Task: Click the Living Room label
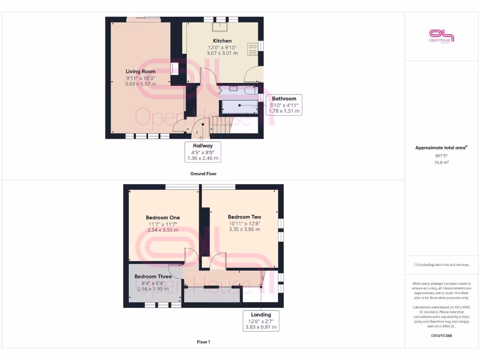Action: pyautogui.click(x=141, y=71)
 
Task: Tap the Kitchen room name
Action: pyautogui.click(x=222, y=41)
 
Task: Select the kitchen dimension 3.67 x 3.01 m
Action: pyautogui.click(x=222, y=53)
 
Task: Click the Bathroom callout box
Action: pyautogui.click(x=284, y=105)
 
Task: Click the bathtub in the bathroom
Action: pyautogui.click(x=240, y=106)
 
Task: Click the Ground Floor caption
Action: pyautogui.click(x=203, y=173)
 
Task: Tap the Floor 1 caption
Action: pyautogui.click(x=203, y=342)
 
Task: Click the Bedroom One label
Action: pyautogui.click(x=163, y=217)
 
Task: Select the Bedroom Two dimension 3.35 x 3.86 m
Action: pyautogui.click(x=244, y=229)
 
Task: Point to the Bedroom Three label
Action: pyautogui.click(x=153, y=277)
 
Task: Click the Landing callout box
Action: pyautogui.click(x=261, y=321)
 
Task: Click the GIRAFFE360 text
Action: pyautogui.click(x=441, y=336)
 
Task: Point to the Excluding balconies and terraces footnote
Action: pyautogui.click(x=441, y=265)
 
